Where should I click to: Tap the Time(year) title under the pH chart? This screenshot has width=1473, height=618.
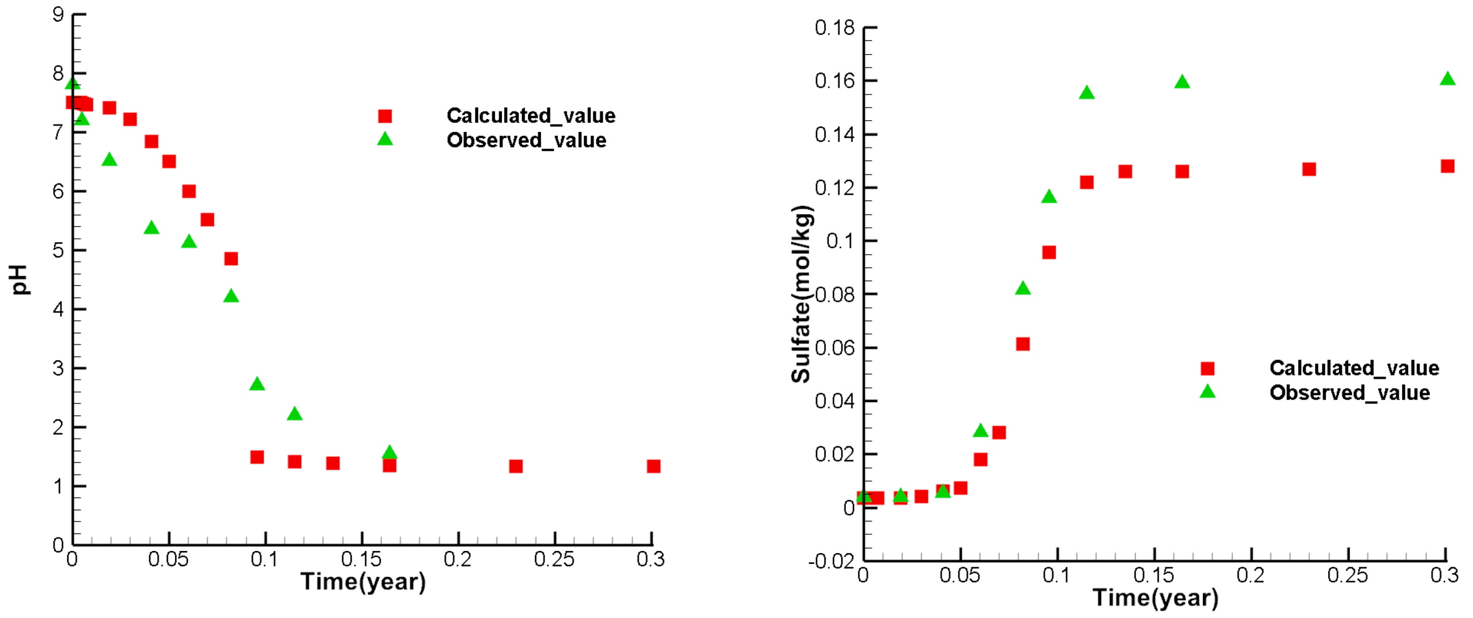pyautogui.click(x=363, y=581)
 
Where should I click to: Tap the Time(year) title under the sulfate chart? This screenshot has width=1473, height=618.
pyautogui.click(x=1155, y=597)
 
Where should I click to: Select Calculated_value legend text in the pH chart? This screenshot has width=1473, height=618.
pyautogui.click(x=531, y=116)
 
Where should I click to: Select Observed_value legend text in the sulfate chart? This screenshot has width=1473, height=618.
pyautogui.click(x=1349, y=393)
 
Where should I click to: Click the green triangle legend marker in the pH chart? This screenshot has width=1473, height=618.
pyautogui.click(x=385, y=139)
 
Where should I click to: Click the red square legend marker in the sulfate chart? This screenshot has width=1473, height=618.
pyautogui.click(x=1207, y=369)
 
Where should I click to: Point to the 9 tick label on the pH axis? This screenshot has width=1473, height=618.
pyautogui.click(x=58, y=14)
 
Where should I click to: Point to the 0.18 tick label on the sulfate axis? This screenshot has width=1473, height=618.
pyautogui.click(x=834, y=28)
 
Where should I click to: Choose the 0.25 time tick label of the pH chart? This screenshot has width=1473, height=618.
pyautogui.click(x=553, y=559)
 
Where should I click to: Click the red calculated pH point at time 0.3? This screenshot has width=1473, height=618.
pyautogui.click(x=654, y=467)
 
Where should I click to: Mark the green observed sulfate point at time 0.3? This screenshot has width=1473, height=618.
pyautogui.click(x=1447, y=79)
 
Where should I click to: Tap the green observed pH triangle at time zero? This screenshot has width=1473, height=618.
pyautogui.click(x=72, y=85)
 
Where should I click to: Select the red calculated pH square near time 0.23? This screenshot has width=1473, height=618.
pyautogui.click(x=516, y=467)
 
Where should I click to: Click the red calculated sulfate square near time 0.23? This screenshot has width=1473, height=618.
pyautogui.click(x=1309, y=169)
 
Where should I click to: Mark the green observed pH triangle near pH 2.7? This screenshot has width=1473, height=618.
pyautogui.click(x=257, y=384)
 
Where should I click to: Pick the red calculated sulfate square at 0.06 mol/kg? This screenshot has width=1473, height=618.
pyautogui.click(x=1023, y=344)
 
